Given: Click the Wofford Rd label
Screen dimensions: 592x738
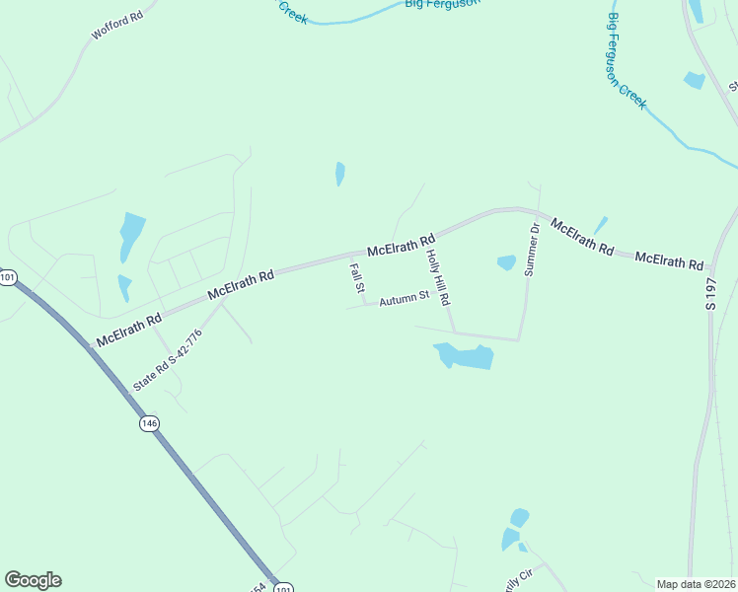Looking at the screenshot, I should point(117,26).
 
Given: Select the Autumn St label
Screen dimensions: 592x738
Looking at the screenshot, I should point(405,296).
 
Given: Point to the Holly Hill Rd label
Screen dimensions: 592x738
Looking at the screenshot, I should point(437,276).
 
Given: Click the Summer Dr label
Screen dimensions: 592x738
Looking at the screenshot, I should point(533,249).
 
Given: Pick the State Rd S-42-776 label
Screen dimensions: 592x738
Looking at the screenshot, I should point(168,359).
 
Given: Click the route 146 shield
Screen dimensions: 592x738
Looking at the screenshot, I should point(149,422).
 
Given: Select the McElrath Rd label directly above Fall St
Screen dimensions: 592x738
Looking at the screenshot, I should point(401,245).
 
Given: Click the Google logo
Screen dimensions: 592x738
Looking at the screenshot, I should point(33,580).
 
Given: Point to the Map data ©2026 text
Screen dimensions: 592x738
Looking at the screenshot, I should point(696,584).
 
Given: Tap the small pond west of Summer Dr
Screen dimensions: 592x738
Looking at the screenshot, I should point(506,262).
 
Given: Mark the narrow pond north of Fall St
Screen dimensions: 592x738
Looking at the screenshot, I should point(340,174).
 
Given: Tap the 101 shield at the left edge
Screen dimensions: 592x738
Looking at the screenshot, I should point(8,278).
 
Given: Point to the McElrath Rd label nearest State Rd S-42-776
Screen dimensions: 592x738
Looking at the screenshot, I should point(128,330).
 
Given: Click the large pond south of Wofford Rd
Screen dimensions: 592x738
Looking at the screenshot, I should point(130,235).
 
